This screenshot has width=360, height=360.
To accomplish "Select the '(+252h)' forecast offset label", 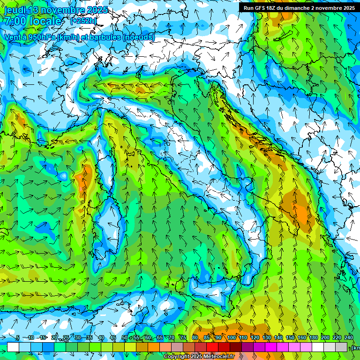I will tap(83, 21).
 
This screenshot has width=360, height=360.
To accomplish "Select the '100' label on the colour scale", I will tap(232, 338).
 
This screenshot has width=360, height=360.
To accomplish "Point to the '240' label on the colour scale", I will tap(349, 338).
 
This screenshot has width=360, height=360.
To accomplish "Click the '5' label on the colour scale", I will tap(18, 338).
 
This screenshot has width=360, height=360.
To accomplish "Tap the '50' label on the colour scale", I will tap(124, 338).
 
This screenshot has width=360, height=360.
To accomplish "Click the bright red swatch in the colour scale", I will tap(212, 347).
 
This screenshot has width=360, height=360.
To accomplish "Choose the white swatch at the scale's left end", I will tap(13, 347).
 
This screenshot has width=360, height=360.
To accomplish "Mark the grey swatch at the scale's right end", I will tap(342, 347).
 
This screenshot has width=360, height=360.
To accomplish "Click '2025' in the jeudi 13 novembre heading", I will tap(97, 10).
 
